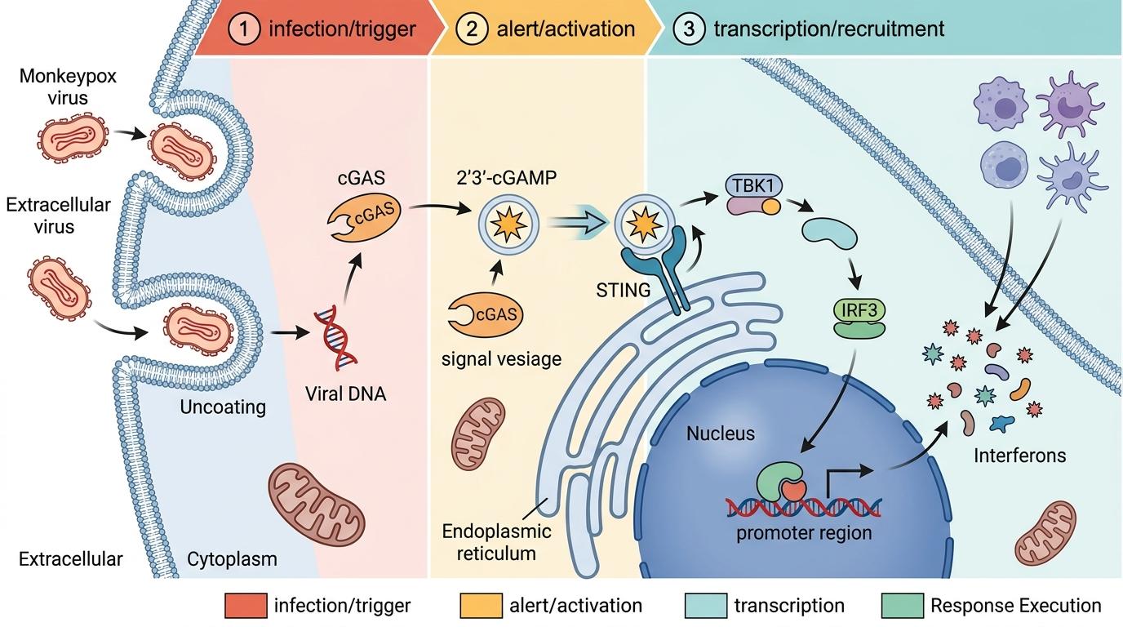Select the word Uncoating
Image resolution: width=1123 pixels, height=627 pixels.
[223, 406]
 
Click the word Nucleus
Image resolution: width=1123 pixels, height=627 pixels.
[721, 433]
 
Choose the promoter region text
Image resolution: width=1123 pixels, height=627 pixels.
[804, 533]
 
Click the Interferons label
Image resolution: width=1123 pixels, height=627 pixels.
[1019, 455]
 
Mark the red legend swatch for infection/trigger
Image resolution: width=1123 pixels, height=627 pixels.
[245, 606]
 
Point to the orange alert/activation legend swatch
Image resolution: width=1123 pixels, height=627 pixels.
[480, 606]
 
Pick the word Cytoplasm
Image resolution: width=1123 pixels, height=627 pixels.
[232, 559]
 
